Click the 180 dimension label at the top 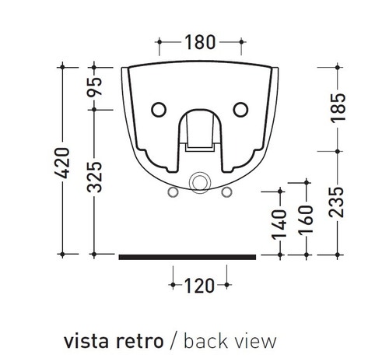tap(200, 42)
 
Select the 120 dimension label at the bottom tap(199, 286)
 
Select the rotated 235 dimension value tap(336, 203)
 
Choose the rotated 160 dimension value tap(307, 220)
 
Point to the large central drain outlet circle tap(200, 182)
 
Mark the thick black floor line tap(187, 255)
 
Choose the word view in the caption tap(254, 341)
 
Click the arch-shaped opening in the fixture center tap(200, 129)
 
